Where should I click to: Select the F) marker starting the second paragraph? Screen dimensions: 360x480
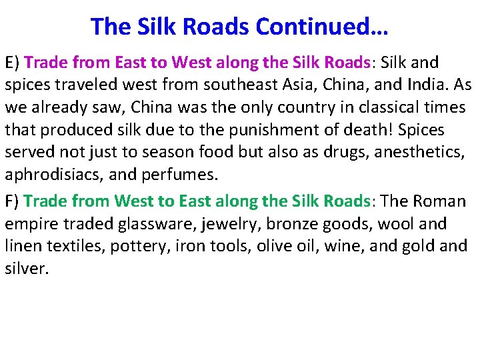pyautogui.click(x=13, y=201)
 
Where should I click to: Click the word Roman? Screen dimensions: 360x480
pyautogui.click(x=439, y=201)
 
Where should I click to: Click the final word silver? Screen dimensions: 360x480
pyautogui.click(x=27, y=269)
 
